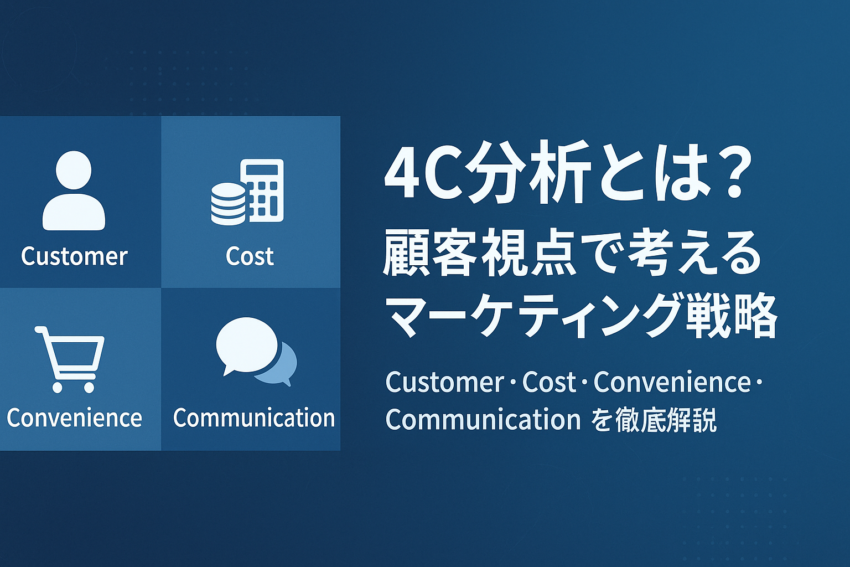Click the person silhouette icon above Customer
click(x=74, y=190)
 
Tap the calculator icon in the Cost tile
click(x=265, y=190)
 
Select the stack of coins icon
click(x=228, y=204)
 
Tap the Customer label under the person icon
click(x=74, y=256)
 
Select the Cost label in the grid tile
click(x=250, y=256)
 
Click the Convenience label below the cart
click(x=74, y=417)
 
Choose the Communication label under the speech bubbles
click(x=254, y=417)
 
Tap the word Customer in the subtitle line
click(x=445, y=382)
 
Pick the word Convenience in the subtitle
click(x=672, y=382)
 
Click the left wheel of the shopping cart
click(x=58, y=388)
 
